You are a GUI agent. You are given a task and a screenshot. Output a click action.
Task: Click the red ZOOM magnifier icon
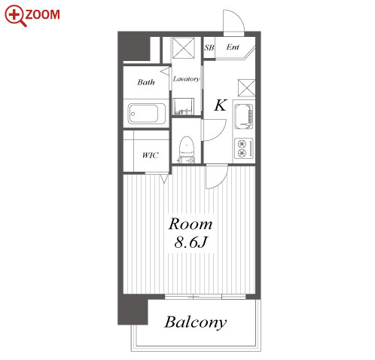pyautogui.click(x=15, y=16)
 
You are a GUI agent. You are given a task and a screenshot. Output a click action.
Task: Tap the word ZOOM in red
pyautogui.click(x=43, y=14)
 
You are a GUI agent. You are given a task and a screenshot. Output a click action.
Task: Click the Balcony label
pyautogui.click(x=196, y=322)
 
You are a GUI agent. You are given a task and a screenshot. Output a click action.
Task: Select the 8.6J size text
pyautogui.click(x=191, y=243)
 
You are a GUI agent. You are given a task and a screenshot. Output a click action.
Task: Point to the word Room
pyautogui.click(x=191, y=224)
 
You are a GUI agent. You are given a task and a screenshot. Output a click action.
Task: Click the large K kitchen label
pyautogui.click(x=221, y=105)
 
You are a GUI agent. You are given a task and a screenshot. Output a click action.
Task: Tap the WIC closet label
pyautogui.click(x=151, y=155)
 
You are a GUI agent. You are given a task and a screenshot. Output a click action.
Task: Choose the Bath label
pyautogui.click(x=146, y=82)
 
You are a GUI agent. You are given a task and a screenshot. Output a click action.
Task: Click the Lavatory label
pyautogui.click(x=186, y=79)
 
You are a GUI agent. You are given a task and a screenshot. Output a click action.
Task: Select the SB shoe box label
pyautogui.click(x=209, y=47)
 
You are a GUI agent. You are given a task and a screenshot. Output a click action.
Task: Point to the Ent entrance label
pyautogui.click(x=233, y=47)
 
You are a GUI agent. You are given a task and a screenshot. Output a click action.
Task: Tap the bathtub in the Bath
pyautogui.click(x=147, y=114)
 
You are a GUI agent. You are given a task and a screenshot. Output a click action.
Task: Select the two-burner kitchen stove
pyautogui.click(x=243, y=148)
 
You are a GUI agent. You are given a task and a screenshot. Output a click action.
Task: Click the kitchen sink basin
pyautogui.click(x=243, y=117)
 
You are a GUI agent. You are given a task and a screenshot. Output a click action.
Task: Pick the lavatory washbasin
pyautogui.click(x=183, y=106)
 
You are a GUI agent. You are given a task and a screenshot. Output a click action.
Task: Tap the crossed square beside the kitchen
pyautogui.click(x=246, y=87)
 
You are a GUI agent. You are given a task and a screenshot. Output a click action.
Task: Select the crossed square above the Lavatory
pyautogui.click(x=184, y=48)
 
